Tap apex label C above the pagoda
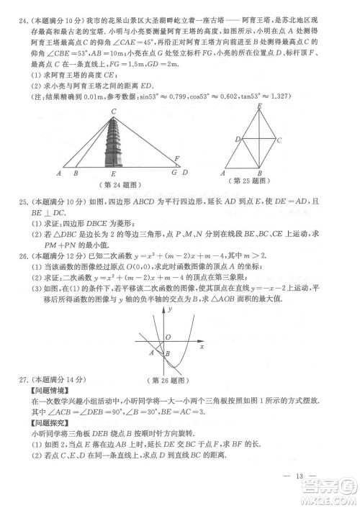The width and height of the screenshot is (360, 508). [x=114, y=110]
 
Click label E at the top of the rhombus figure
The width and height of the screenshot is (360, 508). [x=258, y=106]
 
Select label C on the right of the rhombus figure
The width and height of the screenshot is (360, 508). [x=279, y=140]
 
